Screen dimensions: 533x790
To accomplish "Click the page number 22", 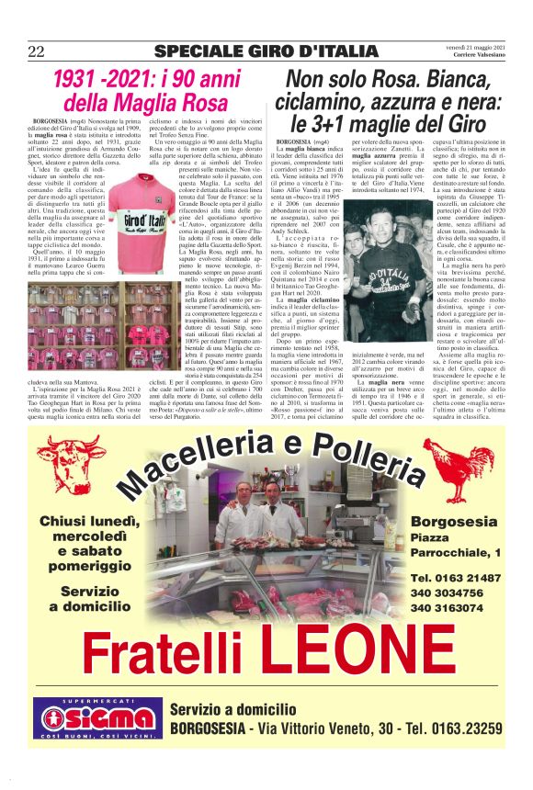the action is [37, 51].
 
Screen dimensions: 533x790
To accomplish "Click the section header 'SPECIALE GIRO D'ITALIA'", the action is [266, 51].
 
